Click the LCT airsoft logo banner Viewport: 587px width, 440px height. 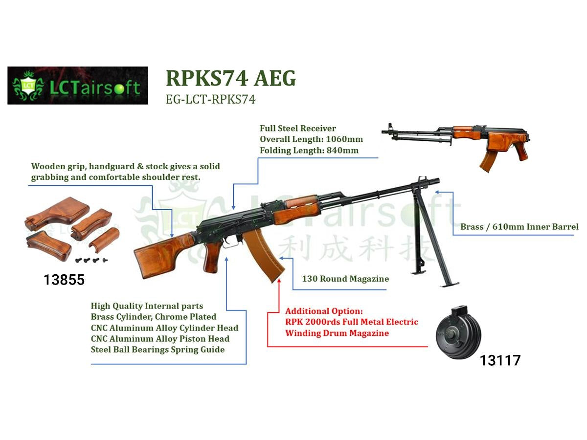pyautogui.click(x=78, y=86)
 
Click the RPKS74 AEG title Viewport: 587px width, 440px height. pyautogui.click(x=231, y=78)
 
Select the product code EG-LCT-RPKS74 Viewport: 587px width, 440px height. pyautogui.click(x=210, y=99)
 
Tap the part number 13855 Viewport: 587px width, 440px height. pyautogui.click(x=64, y=280)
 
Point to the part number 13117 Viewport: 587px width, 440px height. pyautogui.click(x=500, y=360)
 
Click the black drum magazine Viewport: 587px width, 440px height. pyautogui.click(x=458, y=333)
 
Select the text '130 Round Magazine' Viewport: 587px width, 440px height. pyautogui.click(x=345, y=279)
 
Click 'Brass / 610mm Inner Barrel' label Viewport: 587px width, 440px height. pyautogui.click(x=519, y=227)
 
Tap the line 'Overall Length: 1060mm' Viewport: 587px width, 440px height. pyautogui.click(x=311, y=139)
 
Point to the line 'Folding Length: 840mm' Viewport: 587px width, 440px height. pyautogui.click(x=309, y=151)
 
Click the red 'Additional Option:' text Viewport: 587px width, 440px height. pyautogui.click(x=324, y=311)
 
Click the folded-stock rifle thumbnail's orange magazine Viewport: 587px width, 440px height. pyautogui.click(x=488, y=161)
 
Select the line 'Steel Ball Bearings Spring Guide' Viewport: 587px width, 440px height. pyautogui.click(x=158, y=350)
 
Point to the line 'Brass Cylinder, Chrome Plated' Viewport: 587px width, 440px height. pyautogui.click(x=154, y=317)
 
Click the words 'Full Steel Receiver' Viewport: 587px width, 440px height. pyautogui.click(x=298, y=128)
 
